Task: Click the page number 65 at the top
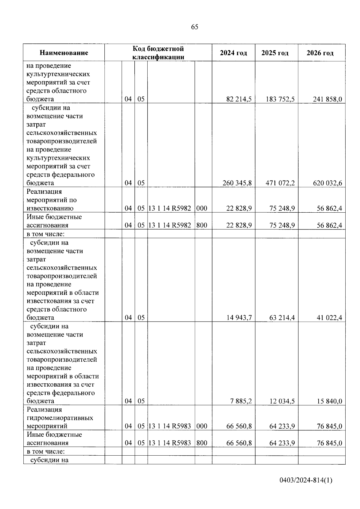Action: click(194, 27)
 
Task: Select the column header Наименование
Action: click(64, 53)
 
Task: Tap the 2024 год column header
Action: click(233, 53)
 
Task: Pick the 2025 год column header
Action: click(275, 53)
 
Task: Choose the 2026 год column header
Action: click(320, 53)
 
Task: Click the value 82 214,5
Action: click(239, 99)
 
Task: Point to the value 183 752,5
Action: click(280, 99)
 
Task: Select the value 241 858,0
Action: click(327, 99)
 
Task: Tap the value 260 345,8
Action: click(237, 183)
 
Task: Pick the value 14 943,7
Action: click(239, 318)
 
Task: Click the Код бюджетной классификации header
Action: click(158, 53)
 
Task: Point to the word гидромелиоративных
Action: click(60, 418)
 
